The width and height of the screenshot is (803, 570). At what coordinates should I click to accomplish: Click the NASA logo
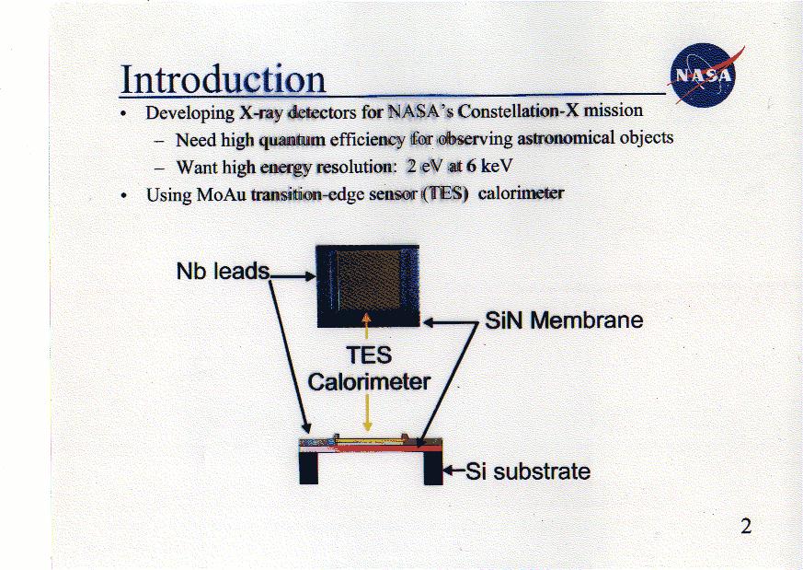click(x=705, y=76)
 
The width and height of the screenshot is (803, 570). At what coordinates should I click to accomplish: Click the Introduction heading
click(x=223, y=79)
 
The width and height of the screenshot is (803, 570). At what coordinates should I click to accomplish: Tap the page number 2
click(x=746, y=527)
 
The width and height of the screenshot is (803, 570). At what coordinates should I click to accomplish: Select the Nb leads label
click(x=223, y=271)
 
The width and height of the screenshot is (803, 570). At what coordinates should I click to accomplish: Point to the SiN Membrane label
click(x=564, y=320)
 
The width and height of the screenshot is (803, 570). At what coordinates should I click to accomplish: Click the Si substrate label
click(x=528, y=471)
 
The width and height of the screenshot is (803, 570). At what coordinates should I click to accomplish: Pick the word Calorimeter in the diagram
click(x=369, y=382)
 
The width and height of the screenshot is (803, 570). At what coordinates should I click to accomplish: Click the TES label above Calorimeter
click(x=369, y=355)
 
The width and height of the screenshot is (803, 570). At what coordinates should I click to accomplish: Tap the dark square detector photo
click(x=368, y=286)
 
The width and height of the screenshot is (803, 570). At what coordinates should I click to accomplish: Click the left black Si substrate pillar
click(x=309, y=468)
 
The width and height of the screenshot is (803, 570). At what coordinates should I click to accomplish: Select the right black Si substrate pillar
click(x=433, y=468)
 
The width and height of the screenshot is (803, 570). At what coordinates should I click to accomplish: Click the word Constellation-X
click(x=518, y=111)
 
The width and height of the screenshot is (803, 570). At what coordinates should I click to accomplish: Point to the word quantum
click(x=292, y=139)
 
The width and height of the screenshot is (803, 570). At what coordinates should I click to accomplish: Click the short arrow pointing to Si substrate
click(x=453, y=470)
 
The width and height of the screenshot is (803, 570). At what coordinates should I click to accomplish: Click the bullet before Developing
click(x=123, y=114)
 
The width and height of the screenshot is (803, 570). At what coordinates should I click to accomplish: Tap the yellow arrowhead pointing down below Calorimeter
click(x=367, y=426)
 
